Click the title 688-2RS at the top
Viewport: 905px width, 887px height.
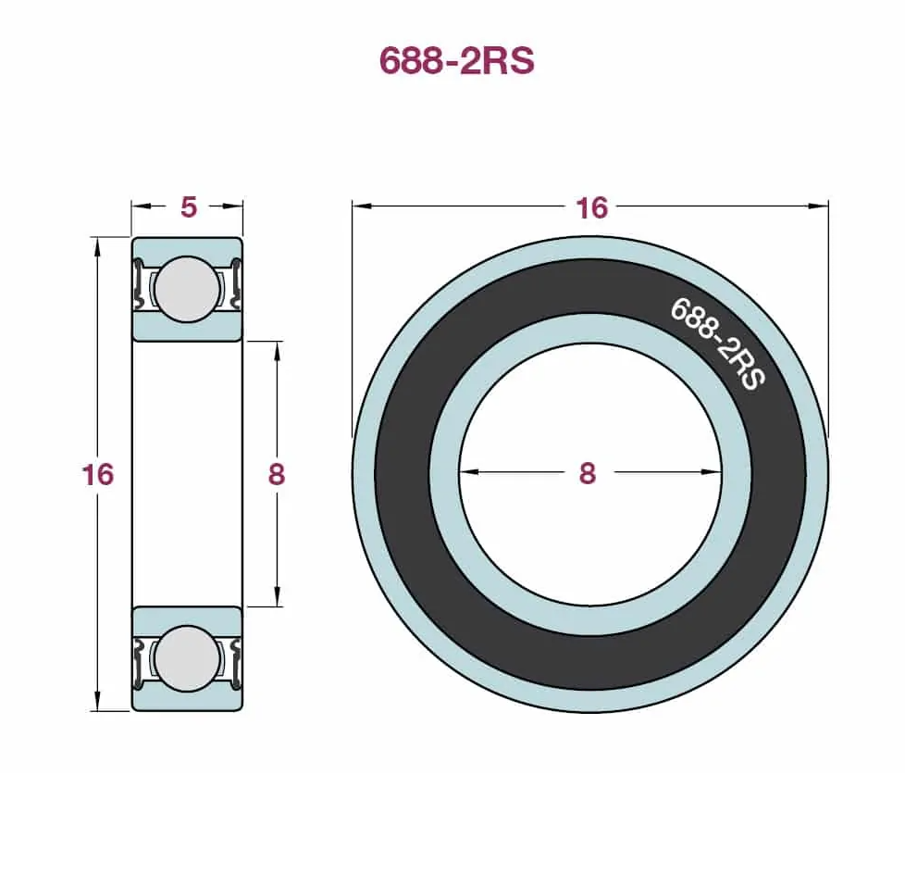click(456, 60)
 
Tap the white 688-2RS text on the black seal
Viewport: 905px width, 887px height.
click(717, 344)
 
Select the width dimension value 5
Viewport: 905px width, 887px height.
click(189, 207)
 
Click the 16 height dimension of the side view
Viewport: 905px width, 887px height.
click(98, 475)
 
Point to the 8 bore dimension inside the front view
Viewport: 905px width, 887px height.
click(587, 473)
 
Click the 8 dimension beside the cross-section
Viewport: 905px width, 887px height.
click(277, 475)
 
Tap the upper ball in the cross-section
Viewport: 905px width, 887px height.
click(188, 289)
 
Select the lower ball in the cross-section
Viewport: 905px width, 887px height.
click(188, 659)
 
